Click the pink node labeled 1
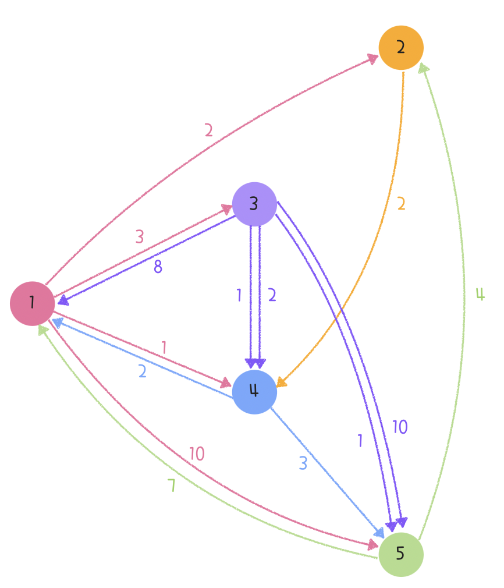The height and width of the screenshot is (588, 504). click(32, 303)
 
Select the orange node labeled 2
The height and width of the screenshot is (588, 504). click(400, 47)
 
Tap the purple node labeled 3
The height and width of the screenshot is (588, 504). click(254, 204)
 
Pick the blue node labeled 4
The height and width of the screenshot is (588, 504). click(254, 392)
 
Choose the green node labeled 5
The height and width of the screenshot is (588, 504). click(400, 554)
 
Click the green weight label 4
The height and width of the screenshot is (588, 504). click(480, 295)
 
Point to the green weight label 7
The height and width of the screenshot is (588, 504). click(172, 486)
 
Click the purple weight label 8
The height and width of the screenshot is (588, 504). click(158, 267)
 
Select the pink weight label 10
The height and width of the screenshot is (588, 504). click(197, 454)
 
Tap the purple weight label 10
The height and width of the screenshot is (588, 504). click(400, 427)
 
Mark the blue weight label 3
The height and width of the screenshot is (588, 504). click(303, 463)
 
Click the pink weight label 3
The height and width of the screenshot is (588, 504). click(140, 237)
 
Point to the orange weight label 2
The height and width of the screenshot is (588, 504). click(401, 204)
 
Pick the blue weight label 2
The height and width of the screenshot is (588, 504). click(142, 371)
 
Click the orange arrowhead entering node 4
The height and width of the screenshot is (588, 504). click(281, 382)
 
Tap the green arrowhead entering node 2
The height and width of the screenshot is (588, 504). click(424, 69)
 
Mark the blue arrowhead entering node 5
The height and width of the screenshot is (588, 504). click(379, 533)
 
